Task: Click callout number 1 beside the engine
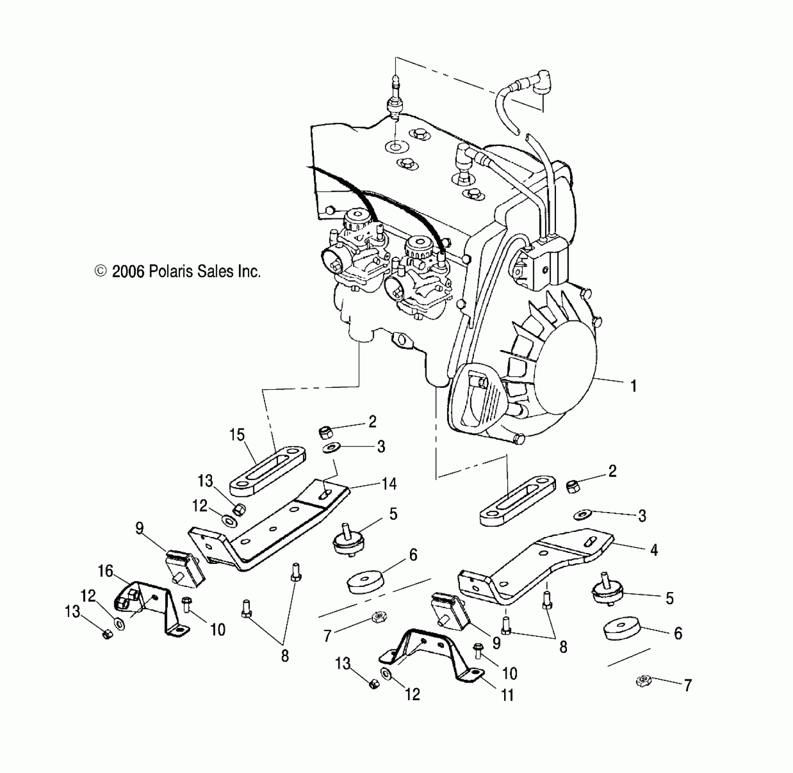pyautogui.click(x=633, y=386)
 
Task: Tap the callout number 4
pyautogui.click(x=654, y=550)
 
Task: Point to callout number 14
pyautogui.click(x=389, y=484)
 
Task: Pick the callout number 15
pyautogui.click(x=237, y=435)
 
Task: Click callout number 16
pyautogui.click(x=106, y=571)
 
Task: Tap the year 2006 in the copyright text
pyautogui.click(x=128, y=271)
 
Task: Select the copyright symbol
pyautogui.click(x=100, y=271)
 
